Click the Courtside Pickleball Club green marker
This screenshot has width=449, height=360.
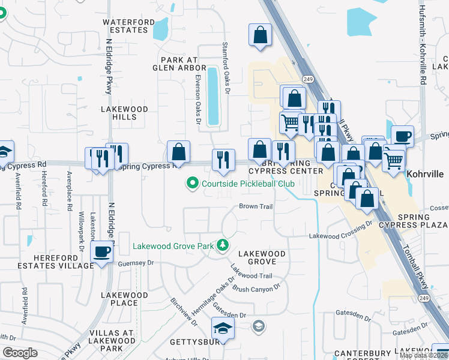(x=193, y=183)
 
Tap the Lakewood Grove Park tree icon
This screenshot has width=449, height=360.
(x=223, y=245)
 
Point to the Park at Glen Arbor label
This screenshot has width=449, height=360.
(x=179, y=64)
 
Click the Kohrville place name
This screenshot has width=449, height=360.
(x=424, y=174)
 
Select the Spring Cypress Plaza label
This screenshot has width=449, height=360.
(x=421, y=221)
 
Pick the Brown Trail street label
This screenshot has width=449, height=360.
(x=256, y=206)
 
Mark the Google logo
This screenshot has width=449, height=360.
(x=20, y=353)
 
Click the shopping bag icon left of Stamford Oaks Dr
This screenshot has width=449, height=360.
(x=179, y=151)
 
